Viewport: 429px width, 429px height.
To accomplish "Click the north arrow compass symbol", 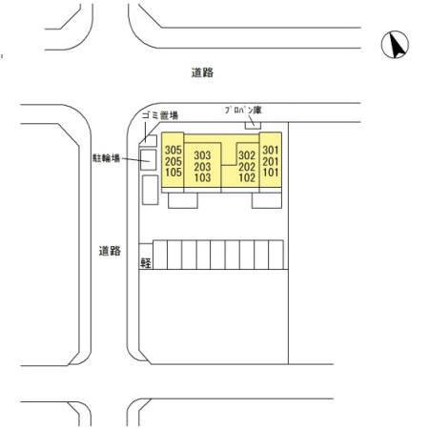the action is click(x=395, y=45).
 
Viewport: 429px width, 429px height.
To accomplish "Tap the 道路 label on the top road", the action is click(x=202, y=72).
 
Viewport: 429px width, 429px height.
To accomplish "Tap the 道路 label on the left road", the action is click(x=110, y=251).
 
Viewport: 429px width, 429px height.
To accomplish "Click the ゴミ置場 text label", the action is click(x=160, y=115).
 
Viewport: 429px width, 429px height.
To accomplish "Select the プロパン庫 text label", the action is click(x=243, y=111).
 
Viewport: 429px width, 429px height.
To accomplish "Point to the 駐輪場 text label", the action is click(x=106, y=158).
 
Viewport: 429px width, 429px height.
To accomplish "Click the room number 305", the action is click(x=174, y=150).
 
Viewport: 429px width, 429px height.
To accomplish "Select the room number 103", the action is click(x=202, y=177).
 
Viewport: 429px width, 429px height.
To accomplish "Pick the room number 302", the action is click(x=247, y=155).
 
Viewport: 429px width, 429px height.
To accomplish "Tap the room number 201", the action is click(x=271, y=161).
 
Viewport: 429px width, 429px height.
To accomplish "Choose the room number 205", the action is click(x=174, y=161).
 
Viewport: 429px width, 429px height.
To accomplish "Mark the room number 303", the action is click(x=202, y=155).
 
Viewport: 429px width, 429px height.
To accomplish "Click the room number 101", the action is click(x=271, y=173).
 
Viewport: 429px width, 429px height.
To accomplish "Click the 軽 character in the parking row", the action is click(x=146, y=262).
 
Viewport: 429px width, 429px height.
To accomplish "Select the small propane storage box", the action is click(x=253, y=125).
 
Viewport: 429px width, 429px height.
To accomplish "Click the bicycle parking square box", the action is click(x=149, y=160).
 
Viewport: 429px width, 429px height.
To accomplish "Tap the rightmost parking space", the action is click(x=276, y=255).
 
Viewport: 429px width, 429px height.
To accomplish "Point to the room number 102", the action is click(x=247, y=177).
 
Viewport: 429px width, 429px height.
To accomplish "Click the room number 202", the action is click(x=247, y=167).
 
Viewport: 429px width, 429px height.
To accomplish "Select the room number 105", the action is click(x=174, y=173).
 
